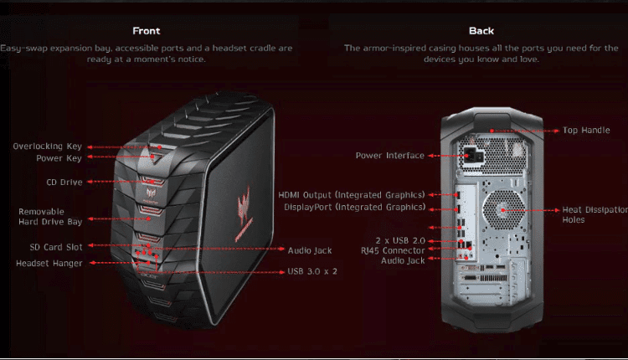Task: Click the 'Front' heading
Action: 147,31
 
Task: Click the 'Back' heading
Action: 481,31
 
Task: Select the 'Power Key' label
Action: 58,157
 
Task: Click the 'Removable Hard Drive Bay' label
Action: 50,217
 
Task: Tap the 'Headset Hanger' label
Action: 49,263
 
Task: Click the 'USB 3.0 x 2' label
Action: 312,271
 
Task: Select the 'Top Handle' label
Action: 586,131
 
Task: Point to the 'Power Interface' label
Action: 389,156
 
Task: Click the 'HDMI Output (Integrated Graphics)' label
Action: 352,195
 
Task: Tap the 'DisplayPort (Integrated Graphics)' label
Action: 354,207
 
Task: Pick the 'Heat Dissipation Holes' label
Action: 587,215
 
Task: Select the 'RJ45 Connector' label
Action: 393,250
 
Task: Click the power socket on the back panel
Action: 469,156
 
